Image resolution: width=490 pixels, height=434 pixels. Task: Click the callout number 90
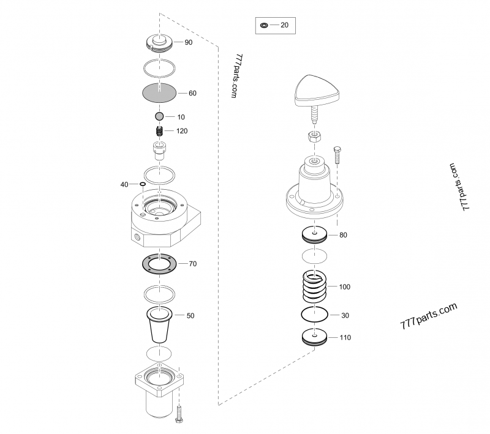click(x=189, y=42)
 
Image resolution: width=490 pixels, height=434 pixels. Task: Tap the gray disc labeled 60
click(x=159, y=92)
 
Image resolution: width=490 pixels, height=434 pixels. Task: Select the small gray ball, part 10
click(x=159, y=116)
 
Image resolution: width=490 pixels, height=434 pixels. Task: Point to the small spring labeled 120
click(x=160, y=130)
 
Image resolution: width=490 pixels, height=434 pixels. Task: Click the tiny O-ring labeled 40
click(x=143, y=184)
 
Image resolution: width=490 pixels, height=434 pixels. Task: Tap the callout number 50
click(x=190, y=316)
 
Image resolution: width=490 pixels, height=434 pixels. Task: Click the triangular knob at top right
click(x=317, y=91)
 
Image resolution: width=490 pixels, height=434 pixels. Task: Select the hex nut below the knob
click(x=314, y=137)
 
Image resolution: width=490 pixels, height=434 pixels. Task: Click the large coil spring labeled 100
click(x=315, y=286)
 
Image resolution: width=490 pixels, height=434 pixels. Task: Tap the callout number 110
click(x=345, y=337)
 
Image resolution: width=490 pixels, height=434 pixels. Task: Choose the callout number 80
click(x=343, y=235)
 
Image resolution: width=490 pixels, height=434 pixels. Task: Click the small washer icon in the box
click(x=264, y=25)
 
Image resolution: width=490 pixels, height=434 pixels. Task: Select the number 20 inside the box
click(x=284, y=25)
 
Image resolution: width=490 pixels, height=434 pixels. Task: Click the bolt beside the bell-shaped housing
click(x=337, y=155)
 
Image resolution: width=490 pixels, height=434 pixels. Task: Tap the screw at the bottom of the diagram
click(x=179, y=414)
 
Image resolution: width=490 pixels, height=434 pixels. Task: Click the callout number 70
click(x=193, y=264)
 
